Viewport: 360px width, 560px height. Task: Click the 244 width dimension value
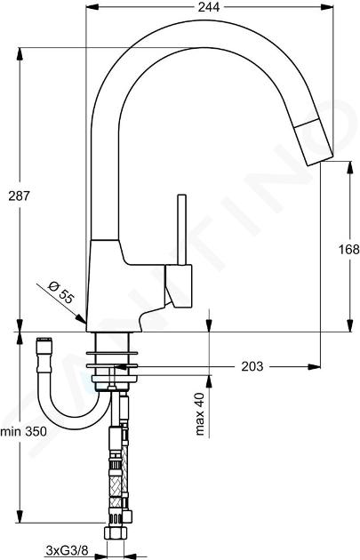209,7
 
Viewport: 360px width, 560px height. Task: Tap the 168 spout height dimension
349,249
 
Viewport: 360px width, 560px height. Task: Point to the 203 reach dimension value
252,366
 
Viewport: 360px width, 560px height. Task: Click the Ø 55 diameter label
60,292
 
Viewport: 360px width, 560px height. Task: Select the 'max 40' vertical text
200,413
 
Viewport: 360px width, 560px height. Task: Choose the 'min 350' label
24,431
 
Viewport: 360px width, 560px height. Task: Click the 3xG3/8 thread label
67,550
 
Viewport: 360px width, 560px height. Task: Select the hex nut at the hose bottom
116,534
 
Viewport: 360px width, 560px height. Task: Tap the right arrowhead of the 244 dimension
327,7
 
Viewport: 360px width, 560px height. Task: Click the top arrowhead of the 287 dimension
20,53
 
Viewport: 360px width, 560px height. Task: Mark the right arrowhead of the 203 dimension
315,366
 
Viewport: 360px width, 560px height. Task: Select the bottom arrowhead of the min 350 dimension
20,516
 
